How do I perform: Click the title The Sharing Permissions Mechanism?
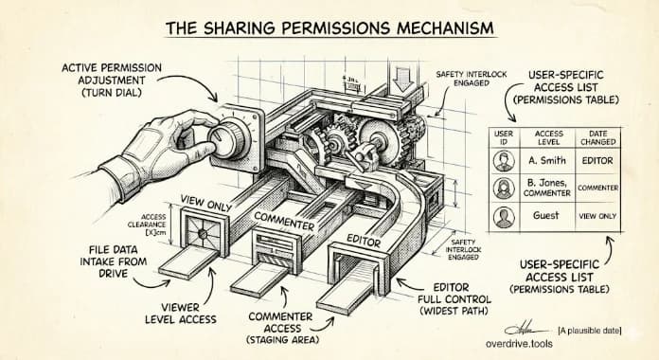[329, 27]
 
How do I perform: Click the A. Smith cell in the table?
[545, 160]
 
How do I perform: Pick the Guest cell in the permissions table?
[545, 215]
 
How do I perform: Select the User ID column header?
[504, 138]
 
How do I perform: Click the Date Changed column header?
[597, 138]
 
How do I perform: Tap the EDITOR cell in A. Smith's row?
[597, 160]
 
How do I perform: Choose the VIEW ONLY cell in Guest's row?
[597, 215]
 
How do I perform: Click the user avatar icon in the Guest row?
[504, 215]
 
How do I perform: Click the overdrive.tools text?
[524, 347]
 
